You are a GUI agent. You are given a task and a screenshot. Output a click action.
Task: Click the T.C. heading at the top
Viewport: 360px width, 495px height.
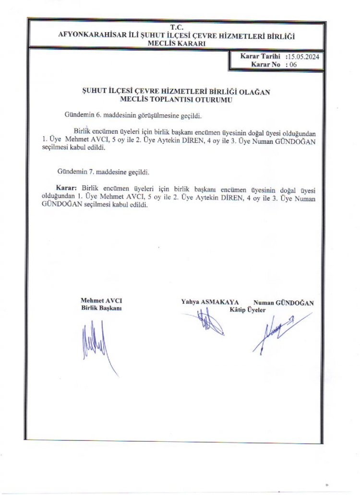pyautogui.click(x=177, y=27)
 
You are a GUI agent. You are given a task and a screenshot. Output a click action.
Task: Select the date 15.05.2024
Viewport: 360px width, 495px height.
pyautogui.click(x=304, y=57)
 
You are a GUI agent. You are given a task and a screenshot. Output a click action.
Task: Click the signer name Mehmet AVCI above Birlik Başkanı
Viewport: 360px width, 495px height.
pyautogui.click(x=101, y=301)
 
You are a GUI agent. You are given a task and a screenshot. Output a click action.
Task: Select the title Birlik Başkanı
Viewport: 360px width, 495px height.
pyautogui.click(x=101, y=308)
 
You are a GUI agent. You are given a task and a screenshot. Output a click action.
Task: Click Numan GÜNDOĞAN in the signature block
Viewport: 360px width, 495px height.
pyautogui.click(x=284, y=303)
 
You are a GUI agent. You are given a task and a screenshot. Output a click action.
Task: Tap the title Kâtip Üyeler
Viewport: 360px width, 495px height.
pyautogui.click(x=247, y=310)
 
